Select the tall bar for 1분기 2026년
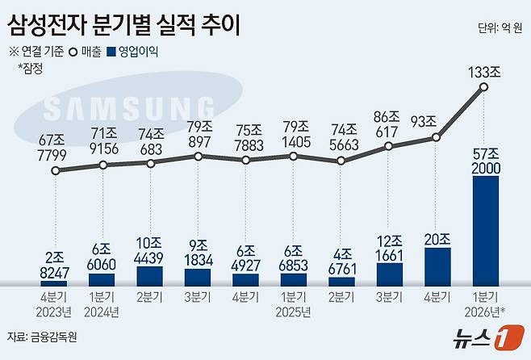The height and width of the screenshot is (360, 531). click(484, 230)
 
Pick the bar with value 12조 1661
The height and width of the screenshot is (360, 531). click(389, 273)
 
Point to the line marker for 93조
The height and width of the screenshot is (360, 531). click(437, 138)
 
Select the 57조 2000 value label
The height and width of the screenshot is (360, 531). click(484, 159)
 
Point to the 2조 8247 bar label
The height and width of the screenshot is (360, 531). click(55, 266)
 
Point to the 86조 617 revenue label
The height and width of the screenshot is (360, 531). click(389, 123)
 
